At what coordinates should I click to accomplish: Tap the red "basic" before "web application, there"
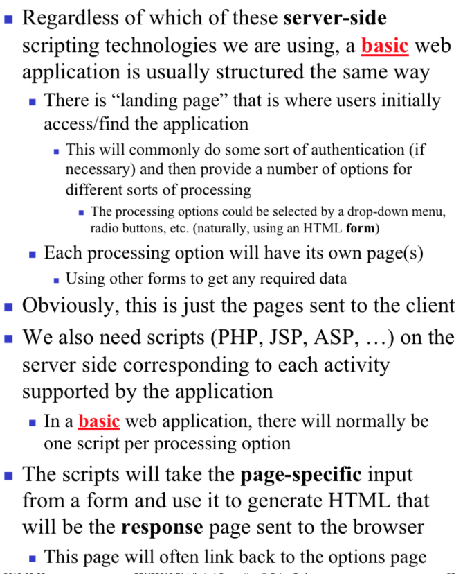pos(99,421)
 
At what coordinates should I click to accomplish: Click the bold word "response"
pos(162,526)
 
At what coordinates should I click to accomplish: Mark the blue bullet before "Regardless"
pos(9,19)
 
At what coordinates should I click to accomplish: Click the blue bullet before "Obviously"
pos(9,305)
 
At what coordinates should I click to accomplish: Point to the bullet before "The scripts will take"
pos(9,476)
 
